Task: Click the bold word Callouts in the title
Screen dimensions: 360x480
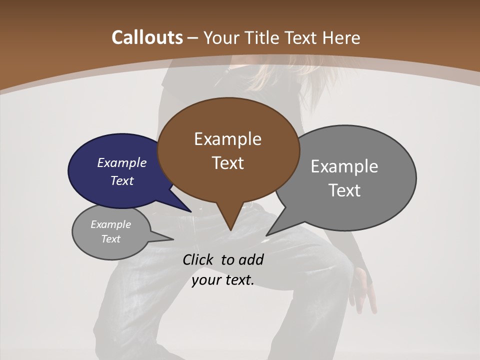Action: pyautogui.click(x=147, y=37)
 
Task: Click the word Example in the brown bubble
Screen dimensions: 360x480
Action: pyautogui.click(x=227, y=139)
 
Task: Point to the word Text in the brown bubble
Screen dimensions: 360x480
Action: pyautogui.click(x=227, y=163)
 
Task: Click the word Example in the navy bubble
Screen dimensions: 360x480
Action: pyautogui.click(x=121, y=162)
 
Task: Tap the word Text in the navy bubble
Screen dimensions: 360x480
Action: pyautogui.click(x=121, y=180)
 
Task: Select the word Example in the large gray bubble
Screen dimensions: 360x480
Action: pyautogui.click(x=344, y=166)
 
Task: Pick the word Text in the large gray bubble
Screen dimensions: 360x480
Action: pyautogui.click(x=344, y=190)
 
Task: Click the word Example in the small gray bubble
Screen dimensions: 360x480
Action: pyautogui.click(x=110, y=224)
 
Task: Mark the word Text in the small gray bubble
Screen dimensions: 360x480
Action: pyautogui.click(x=110, y=239)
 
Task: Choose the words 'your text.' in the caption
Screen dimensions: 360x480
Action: pyautogui.click(x=222, y=280)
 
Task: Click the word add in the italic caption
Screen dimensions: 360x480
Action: pyautogui.click(x=250, y=260)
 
